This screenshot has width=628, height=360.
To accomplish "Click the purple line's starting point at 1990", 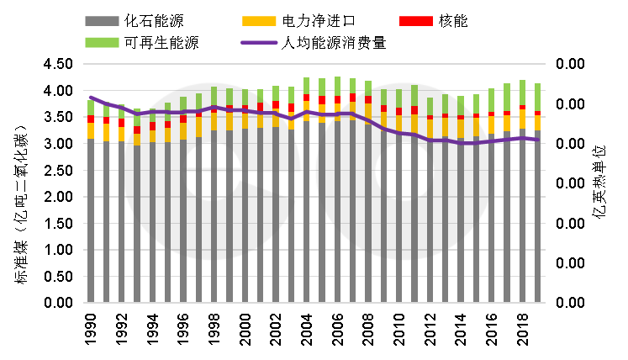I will tap(91, 98).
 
